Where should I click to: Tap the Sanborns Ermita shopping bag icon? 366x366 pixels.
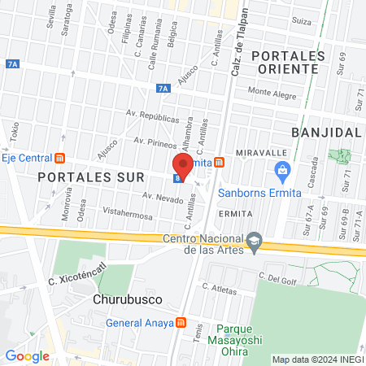coord(283,170)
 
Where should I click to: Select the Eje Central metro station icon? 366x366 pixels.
coord(59,158)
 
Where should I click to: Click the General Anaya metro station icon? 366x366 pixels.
coord(181,322)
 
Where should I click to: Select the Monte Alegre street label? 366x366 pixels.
coord(274,93)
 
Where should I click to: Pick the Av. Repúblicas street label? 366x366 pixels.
coord(152,117)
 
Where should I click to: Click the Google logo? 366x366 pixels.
coord(27,355)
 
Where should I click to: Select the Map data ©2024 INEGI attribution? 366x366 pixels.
coord(317,359)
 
